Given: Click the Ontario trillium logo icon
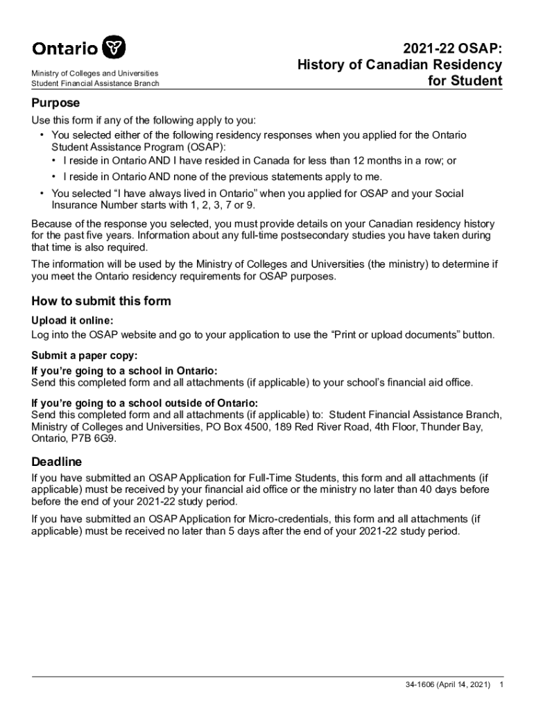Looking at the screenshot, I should [x=114, y=49].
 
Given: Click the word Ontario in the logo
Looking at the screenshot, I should [x=64, y=49].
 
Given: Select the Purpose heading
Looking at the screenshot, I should [x=56, y=103].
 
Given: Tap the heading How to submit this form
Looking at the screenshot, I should [x=101, y=301].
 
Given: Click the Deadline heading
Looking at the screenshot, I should [x=57, y=461].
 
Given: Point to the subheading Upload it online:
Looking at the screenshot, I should [x=72, y=320].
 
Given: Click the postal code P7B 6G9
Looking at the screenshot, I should [x=87, y=439].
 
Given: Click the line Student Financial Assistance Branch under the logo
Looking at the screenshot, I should [x=95, y=84].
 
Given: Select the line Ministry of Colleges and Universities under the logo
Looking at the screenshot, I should [x=94, y=73].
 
